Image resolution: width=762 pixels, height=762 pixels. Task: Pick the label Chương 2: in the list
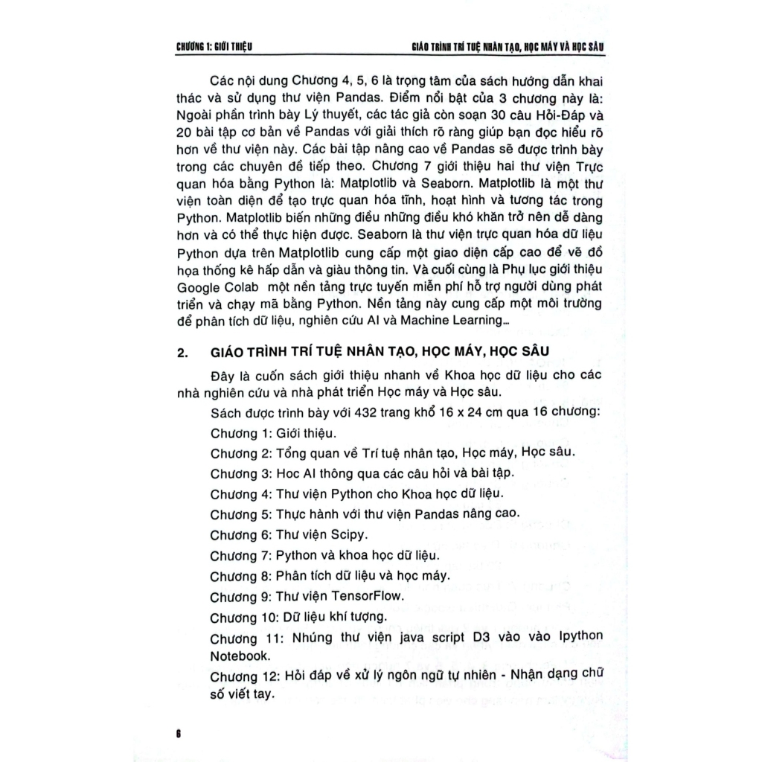(x=238, y=452)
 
